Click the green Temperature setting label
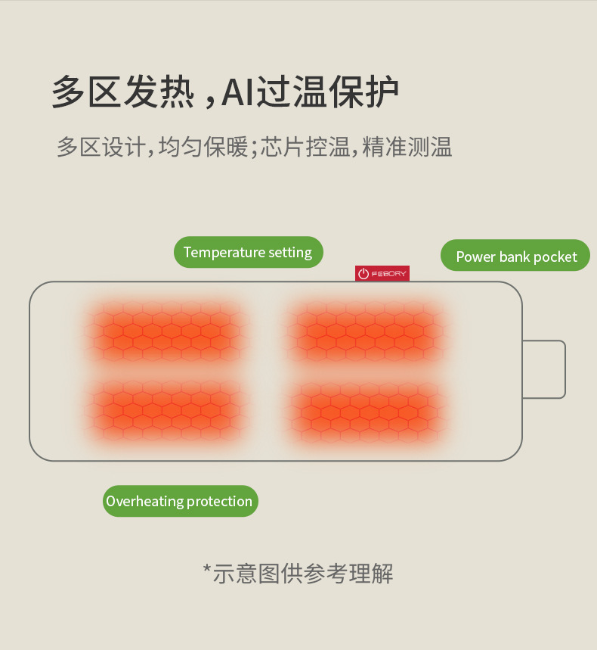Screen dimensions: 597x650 click(248, 253)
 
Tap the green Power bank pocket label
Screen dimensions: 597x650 click(515, 257)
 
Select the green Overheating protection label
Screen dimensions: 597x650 click(180, 501)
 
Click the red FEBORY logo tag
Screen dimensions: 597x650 click(382, 273)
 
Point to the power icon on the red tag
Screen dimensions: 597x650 click(363, 274)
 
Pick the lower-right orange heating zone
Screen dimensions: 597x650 click(367, 410)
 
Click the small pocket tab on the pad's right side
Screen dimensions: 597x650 click(544, 369)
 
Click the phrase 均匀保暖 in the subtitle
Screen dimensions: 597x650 click(203, 146)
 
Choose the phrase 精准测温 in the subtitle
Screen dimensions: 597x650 click(407, 146)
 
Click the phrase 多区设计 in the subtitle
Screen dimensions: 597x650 click(101, 146)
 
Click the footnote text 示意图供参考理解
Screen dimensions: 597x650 click(303, 574)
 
